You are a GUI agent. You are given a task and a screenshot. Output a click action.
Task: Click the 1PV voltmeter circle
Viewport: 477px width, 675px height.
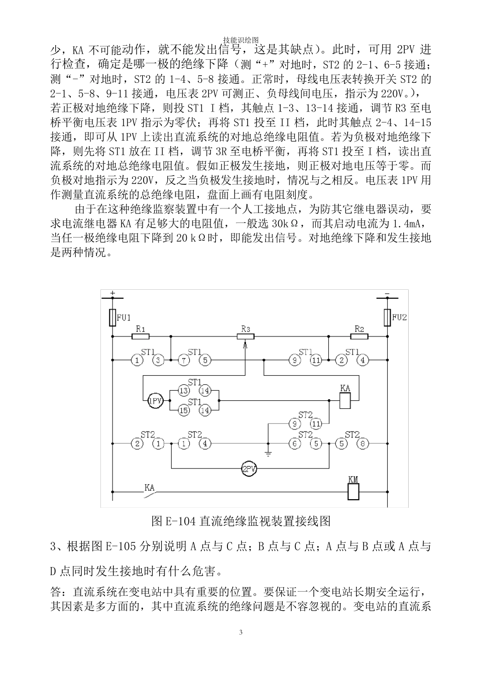[155, 400]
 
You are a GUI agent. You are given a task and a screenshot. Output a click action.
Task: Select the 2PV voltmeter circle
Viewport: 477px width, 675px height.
[249, 469]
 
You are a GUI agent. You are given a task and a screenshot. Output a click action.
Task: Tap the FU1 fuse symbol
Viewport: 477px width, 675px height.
[112, 317]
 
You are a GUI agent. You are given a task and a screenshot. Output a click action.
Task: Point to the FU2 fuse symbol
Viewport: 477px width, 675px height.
[387, 317]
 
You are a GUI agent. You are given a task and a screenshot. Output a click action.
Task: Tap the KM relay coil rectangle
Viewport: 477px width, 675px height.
[353, 492]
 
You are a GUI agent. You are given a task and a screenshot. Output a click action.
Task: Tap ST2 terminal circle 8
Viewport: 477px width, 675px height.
[363, 444]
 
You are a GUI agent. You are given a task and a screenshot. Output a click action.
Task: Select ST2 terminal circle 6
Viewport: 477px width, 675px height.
[295, 444]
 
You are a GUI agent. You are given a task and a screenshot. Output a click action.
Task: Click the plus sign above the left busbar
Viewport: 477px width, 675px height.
[112, 292]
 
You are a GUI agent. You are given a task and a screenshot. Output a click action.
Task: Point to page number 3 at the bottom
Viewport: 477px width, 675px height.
[241, 632]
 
